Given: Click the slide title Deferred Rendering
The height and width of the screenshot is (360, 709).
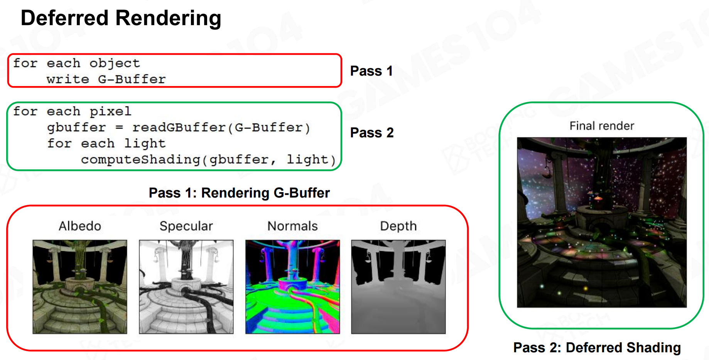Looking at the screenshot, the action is click(x=121, y=19).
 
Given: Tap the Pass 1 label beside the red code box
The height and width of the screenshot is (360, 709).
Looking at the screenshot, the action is click(x=371, y=71).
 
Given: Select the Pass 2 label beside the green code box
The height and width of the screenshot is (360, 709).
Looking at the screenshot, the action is click(x=372, y=133).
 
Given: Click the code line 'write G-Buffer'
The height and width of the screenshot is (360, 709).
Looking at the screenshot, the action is click(x=106, y=79).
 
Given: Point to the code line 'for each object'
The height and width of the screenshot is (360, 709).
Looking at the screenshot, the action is click(x=76, y=63).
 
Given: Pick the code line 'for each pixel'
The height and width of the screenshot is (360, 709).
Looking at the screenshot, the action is click(x=72, y=111).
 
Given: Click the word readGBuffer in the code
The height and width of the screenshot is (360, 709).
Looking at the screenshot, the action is click(x=179, y=127).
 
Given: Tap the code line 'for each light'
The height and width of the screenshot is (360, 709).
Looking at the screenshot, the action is click(x=106, y=144).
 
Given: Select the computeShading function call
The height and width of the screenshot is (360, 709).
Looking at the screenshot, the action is click(x=208, y=159).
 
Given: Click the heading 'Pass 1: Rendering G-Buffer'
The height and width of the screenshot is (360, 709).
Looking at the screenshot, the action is click(x=239, y=193).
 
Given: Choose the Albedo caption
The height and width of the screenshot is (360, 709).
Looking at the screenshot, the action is click(x=80, y=226).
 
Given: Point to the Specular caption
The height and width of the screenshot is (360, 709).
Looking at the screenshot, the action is click(x=186, y=226).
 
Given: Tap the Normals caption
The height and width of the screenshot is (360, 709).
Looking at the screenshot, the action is click(x=293, y=226).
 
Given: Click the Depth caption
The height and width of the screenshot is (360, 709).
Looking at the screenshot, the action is click(x=398, y=226).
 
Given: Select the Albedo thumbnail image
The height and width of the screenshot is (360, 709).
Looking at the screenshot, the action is click(x=80, y=287).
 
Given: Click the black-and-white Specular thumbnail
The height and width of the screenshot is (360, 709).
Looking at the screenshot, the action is click(x=186, y=287).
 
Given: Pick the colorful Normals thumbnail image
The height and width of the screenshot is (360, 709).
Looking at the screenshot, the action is click(x=293, y=287).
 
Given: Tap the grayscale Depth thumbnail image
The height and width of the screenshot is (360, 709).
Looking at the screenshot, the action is click(x=398, y=287).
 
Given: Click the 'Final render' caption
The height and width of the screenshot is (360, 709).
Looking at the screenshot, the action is click(x=602, y=126).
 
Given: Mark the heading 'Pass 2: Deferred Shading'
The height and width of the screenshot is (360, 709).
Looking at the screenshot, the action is click(x=597, y=348).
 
